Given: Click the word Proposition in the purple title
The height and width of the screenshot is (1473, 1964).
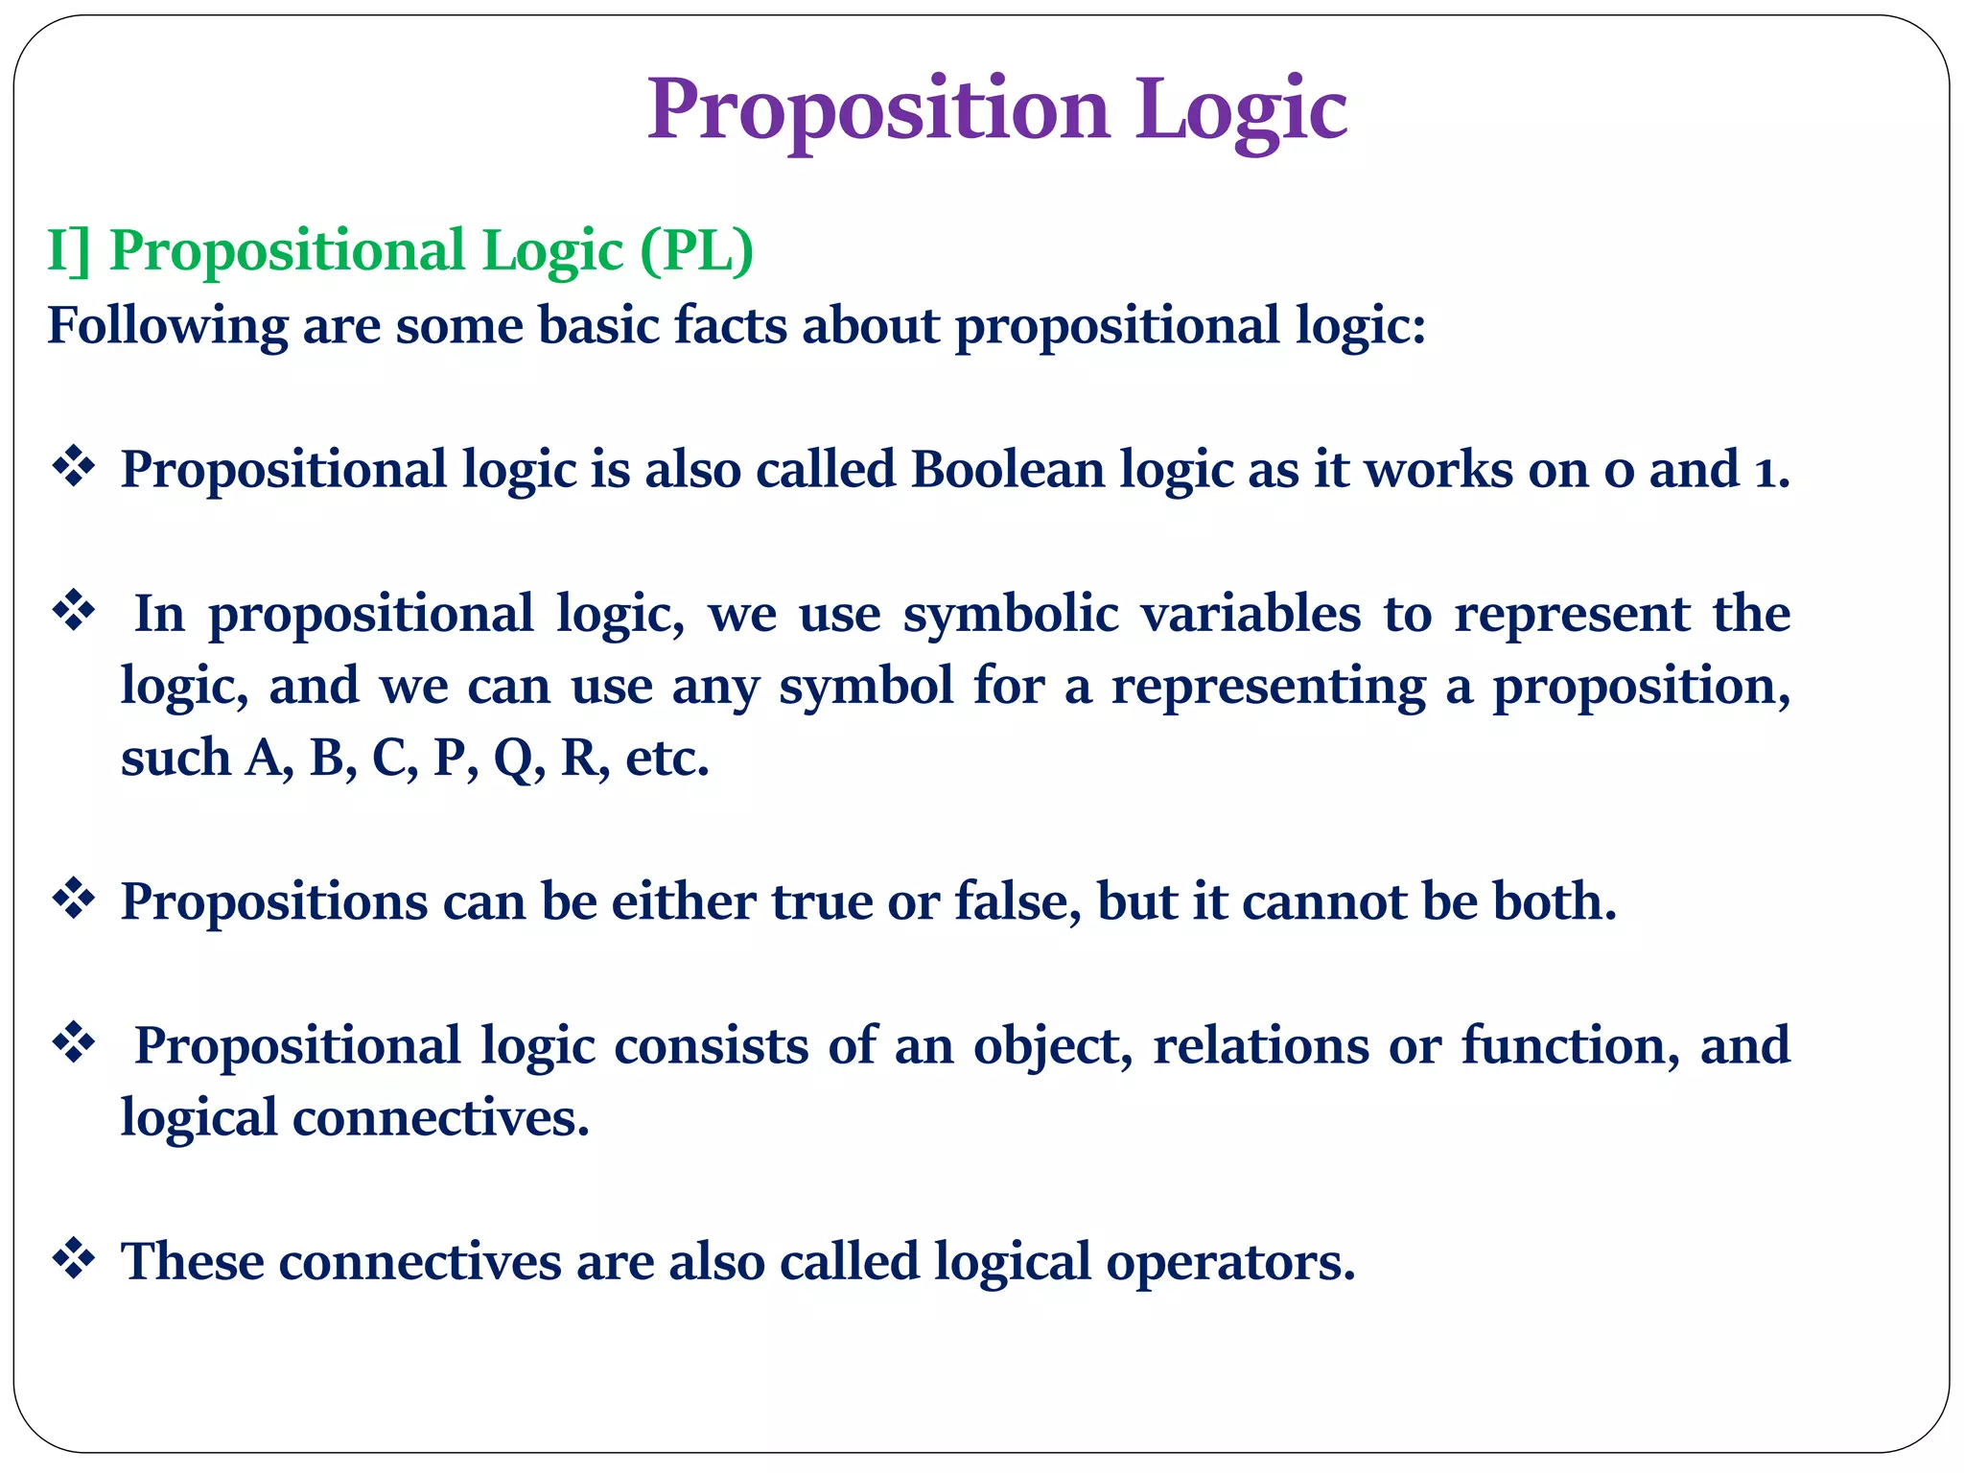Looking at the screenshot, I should tap(877, 110).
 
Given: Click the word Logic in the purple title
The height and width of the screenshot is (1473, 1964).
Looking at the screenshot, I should tap(1241, 110).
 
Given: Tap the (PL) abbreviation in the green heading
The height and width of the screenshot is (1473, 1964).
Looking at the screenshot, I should tap(697, 251).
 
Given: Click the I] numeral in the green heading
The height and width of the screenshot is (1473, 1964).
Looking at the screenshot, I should tap(68, 251).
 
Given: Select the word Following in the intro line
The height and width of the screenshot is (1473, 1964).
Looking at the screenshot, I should tap(167, 326).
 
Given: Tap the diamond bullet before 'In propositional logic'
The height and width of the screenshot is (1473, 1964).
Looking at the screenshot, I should tap(74, 611).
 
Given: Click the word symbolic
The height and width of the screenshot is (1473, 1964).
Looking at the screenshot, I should tap(1011, 615).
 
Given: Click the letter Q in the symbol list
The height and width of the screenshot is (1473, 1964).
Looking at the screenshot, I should tap(514, 760).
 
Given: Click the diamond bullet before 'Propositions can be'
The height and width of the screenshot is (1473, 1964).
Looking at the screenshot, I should tap(74, 899).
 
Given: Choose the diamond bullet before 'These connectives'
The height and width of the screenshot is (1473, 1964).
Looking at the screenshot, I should tap(74, 1258).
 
